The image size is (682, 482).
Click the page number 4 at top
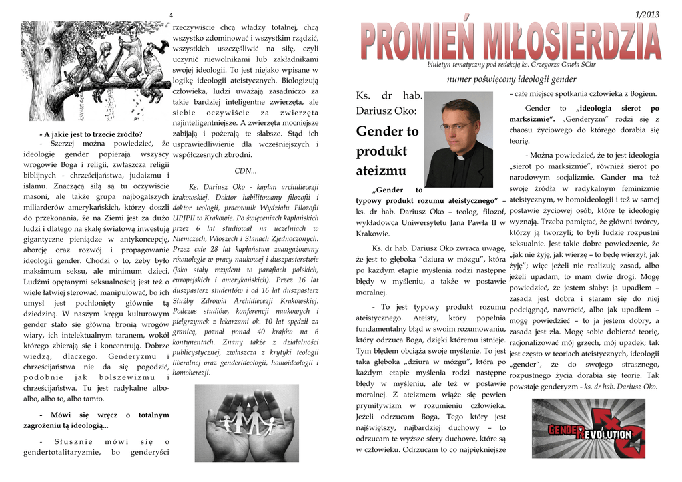tap(171, 15)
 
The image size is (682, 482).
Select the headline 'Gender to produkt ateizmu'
tap(387, 151)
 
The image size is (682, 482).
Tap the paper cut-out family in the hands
tap(246, 419)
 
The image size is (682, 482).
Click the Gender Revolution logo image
tap(588, 429)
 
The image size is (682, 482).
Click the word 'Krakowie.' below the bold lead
tap(372, 234)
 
